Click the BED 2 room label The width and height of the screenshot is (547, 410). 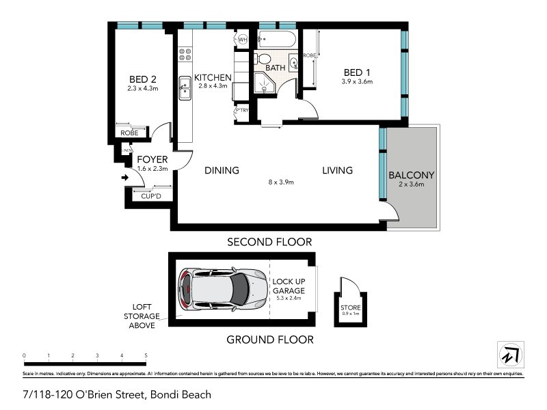click(x=143, y=79)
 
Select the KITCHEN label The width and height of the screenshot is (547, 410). click(x=212, y=77)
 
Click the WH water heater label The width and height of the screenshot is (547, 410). click(x=243, y=40)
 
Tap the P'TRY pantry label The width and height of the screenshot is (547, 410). click(x=241, y=111)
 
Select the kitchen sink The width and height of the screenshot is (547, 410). click(x=185, y=89)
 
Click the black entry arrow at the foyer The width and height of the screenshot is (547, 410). click(x=125, y=178)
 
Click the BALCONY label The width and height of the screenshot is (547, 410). click(x=411, y=175)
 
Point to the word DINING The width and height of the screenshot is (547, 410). click(x=222, y=170)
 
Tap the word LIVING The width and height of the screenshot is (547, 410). click(x=337, y=170)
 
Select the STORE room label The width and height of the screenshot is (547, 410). click(x=350, y=307)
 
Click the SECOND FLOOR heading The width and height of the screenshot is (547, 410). click(x=270, y=242)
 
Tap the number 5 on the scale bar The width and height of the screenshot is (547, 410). click(x=146, y=355)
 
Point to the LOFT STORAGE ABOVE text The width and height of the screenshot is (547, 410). click(x=143, y=316)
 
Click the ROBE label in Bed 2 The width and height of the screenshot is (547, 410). click(x=129, y=133)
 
